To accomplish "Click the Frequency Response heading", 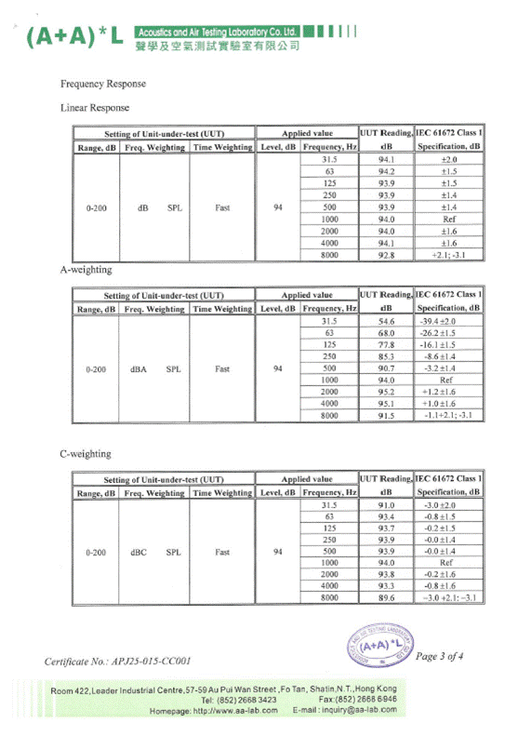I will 102,85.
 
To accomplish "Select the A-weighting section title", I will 86,270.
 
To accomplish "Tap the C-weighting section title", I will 86,454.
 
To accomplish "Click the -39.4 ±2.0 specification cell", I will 448,320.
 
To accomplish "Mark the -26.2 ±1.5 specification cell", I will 448,332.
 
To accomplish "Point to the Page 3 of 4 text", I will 445,657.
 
